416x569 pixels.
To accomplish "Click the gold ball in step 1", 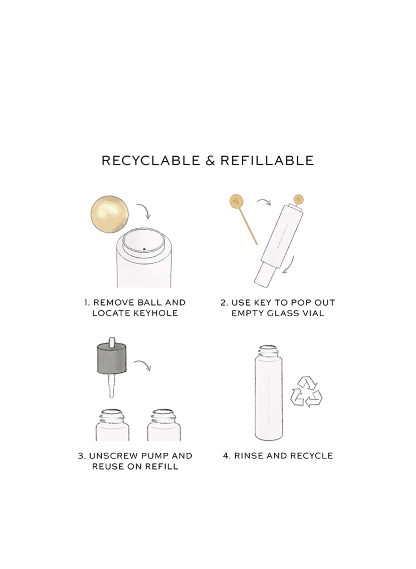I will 110,214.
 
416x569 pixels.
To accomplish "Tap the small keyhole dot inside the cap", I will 144,249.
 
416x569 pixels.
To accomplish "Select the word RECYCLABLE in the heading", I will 151,161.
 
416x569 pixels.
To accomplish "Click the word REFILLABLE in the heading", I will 267,161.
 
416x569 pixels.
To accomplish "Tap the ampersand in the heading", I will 210,161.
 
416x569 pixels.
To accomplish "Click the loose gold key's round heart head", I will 235,201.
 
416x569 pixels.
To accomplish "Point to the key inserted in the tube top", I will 299,201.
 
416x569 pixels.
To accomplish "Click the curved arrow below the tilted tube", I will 289,265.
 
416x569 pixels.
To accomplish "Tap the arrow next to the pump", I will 143,365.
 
